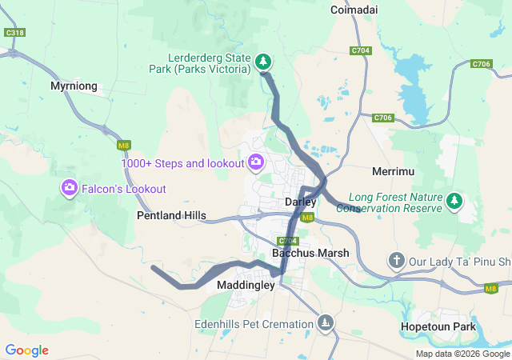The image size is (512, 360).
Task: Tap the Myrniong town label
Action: tap(74, 86)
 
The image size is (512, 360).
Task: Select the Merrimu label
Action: tap(392, 172)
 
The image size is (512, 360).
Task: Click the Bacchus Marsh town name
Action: tap(310, 253)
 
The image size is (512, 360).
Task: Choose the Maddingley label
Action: tap(246, 284)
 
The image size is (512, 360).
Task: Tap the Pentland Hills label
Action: tap(171, 215)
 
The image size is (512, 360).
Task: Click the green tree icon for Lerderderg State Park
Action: tap(264, 62)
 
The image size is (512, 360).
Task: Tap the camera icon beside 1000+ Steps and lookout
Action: tap(256, 163)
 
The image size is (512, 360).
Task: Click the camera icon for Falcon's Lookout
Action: tap(70, 188)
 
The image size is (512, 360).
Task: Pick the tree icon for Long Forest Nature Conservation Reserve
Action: tap(455, 201)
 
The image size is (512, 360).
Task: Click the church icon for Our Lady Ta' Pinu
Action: tap(397, 260)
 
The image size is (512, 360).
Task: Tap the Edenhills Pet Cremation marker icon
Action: tap(325, 323)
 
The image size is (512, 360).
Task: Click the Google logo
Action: tap(26, 350)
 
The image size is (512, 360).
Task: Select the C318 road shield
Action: tap(14, 33)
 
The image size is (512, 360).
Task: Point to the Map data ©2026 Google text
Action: tap(462, 354)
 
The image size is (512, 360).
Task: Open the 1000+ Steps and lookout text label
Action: tap(182, 163)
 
